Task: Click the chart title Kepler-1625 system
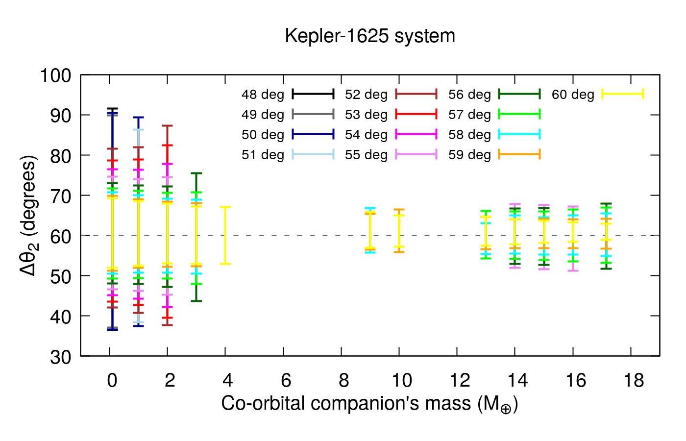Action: click(x=370, y=36)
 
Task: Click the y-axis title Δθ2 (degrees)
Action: click(x=28, y=216)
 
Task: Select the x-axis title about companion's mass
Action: click(x=369, y=403)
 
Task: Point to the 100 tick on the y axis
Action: click(x=55, y=75)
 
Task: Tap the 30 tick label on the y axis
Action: click(x=61, y=357)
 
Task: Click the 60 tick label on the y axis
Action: click(x=61, y=236)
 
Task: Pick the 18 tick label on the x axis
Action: click(x=634, y=380)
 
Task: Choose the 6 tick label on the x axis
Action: click(x=286, y=380)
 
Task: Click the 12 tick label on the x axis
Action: click(x=460, y=380)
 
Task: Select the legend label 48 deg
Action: click(x=263, y=95)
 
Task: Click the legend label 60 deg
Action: click(x=573, y=95)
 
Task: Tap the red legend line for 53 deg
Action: click(x=416, y=114)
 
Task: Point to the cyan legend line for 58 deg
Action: click(x=519, y=134)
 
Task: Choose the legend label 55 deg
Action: click(x=366, y=155)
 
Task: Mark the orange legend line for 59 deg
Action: click(x=519, y=154)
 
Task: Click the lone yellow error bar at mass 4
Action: click(x=225, y=235)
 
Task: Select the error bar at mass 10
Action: click(x=399, y=230)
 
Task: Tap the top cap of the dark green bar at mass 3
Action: click(x=196, y=173)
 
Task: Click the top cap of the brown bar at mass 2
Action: click(x=168, y=126)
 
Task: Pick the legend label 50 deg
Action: click(x=263, y=135)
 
